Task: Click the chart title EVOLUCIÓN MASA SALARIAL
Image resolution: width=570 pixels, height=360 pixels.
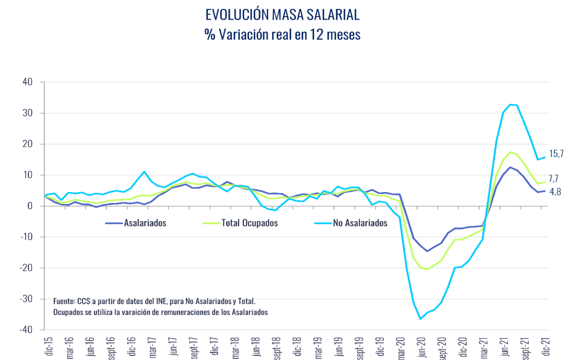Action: [x=282, y=15]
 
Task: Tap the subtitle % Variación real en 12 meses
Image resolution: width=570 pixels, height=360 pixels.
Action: [x=282, y=34]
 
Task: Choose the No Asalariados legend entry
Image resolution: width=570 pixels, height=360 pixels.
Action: [x=360, y=223]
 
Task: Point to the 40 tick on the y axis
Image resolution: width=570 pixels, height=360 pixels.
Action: [x=28, y=82]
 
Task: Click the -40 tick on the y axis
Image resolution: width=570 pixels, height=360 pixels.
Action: [x=26, y=330]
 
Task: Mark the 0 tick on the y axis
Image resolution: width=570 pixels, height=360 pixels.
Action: [x=30, y=206]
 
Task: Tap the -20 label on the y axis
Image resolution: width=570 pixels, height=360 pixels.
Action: [x=26, y=268]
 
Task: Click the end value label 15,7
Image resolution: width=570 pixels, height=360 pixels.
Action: [x=557, y=154]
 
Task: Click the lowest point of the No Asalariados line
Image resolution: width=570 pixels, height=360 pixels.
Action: [x=420, y=319]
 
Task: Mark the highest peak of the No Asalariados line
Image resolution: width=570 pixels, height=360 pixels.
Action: [x=510, y=104]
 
